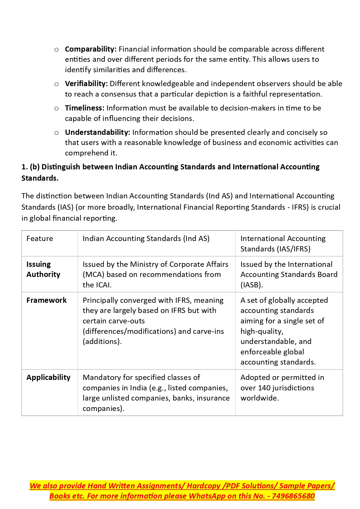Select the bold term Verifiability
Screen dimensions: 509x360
86,84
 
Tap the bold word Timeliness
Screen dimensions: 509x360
84,108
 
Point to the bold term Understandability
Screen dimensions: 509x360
97,133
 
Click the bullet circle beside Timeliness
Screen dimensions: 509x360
57,109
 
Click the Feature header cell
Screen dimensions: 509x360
40,239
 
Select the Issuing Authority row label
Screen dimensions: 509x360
43,269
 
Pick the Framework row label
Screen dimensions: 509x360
46,300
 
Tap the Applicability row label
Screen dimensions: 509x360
48,378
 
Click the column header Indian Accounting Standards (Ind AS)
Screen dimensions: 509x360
146,239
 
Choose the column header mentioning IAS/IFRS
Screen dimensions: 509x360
283,244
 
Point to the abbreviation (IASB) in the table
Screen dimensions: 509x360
252,285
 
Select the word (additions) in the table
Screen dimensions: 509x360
102,342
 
